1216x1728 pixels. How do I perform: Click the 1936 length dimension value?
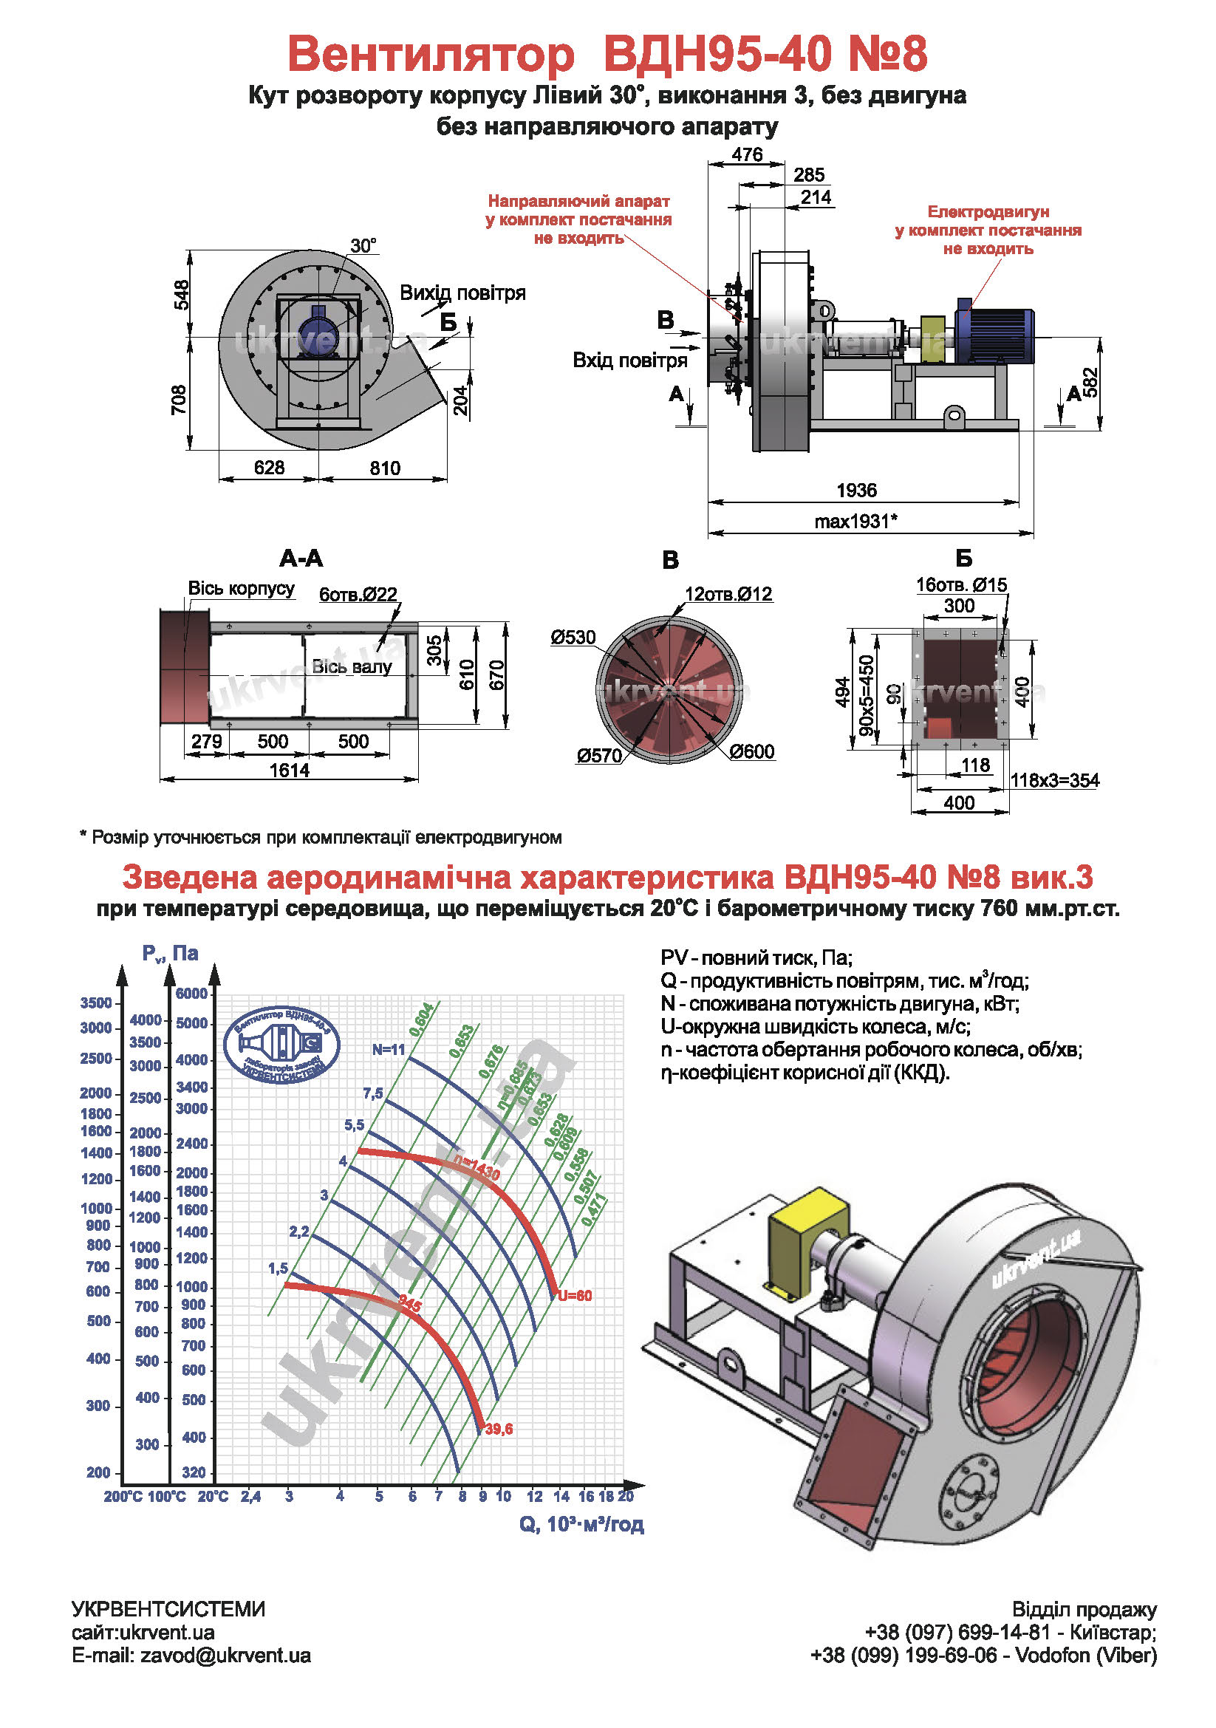pos(856,491)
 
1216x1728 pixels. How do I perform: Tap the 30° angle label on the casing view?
pos(363,246)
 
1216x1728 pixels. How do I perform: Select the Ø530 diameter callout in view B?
pos(573,638)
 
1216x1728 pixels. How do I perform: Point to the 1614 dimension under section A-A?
pos(290,770)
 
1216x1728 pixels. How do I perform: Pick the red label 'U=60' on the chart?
pos(575,1296)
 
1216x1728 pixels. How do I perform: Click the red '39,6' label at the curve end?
pos(499,1429)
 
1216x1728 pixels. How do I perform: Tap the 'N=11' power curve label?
pos(389,1049)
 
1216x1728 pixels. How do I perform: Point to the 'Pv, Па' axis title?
pos(170,954)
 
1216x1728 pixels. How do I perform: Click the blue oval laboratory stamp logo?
pos(282,1045)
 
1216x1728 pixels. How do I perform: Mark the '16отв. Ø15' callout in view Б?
pos(961,585)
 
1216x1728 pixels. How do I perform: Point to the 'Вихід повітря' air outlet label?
pos(462,293)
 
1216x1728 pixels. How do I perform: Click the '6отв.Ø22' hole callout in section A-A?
pos(358,595)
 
